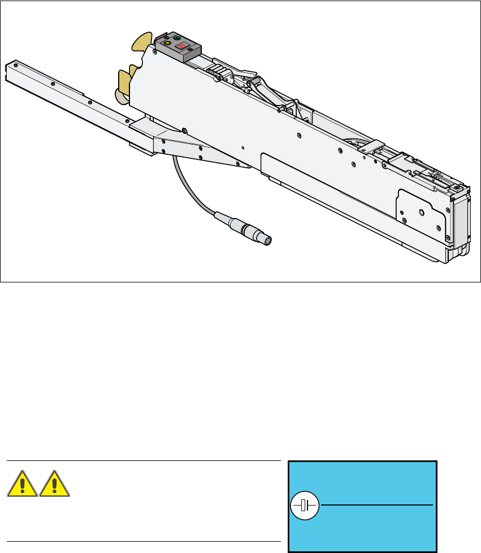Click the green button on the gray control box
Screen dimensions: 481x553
(177, 38)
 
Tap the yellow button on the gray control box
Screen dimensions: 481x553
(167, 43)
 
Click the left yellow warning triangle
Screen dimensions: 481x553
(23, 484)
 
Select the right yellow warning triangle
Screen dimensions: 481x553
(55, 484)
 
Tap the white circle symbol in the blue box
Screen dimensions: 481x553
(305, 505)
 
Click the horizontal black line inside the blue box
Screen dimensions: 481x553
(376, 504)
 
